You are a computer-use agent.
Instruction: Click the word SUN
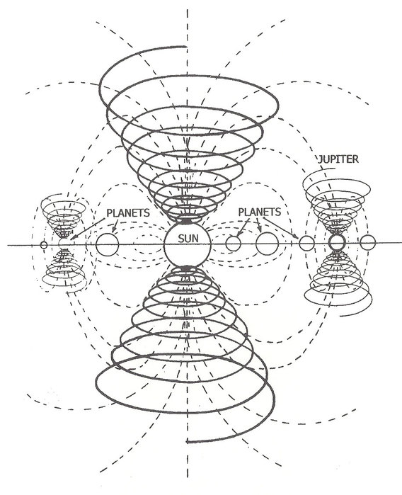point(188,238)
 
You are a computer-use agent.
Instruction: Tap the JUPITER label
point(338,159)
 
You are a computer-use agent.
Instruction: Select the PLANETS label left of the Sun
point(128,212)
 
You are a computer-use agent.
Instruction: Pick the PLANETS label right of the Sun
point(259,212)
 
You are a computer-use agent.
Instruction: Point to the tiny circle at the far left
point(44,244)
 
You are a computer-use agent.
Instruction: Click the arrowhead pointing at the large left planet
point(114,230)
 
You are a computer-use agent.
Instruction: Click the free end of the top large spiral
point(186,47)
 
